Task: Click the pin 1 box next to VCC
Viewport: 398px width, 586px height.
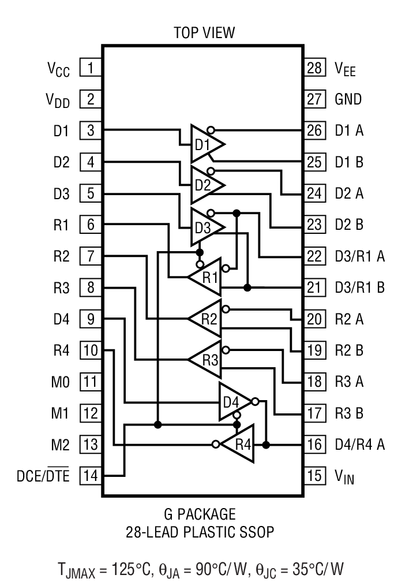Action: coord(90,68)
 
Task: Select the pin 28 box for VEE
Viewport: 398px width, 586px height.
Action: coord(314,68)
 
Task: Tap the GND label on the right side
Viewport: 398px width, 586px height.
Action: coord(348,99)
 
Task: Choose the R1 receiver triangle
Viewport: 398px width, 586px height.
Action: coord(206,276)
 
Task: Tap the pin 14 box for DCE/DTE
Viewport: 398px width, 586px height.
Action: coord(90,476)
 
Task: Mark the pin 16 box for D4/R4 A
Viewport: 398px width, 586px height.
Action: coord(314,445)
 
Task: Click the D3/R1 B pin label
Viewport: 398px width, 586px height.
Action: coord(359,288)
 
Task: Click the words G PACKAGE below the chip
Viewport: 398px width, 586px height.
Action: coord(198,513)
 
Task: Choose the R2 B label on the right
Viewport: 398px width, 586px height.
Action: coord(350,350)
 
